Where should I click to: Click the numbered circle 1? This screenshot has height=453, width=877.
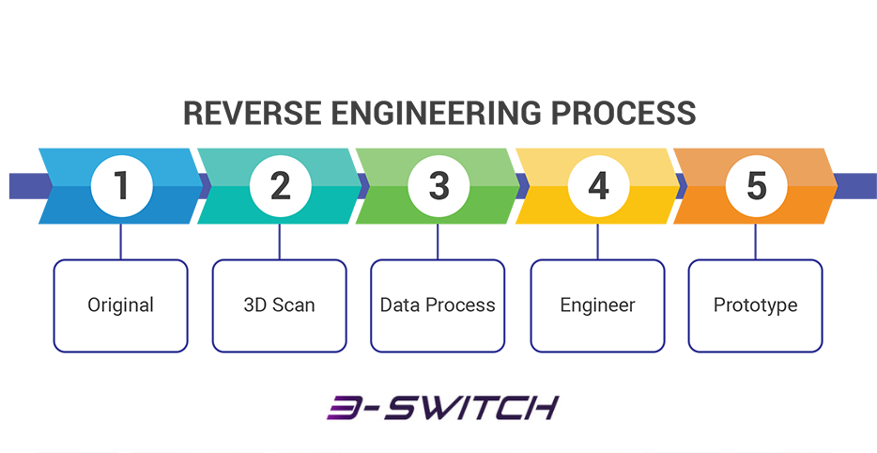point(121,186)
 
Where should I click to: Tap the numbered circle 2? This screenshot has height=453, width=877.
point(280,186)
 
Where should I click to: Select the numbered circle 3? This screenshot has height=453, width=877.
point(438,186)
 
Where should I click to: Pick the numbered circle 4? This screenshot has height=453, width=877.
point(597,186)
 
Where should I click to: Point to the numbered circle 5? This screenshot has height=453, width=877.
point(756,186)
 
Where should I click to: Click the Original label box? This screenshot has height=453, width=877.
point(121,305)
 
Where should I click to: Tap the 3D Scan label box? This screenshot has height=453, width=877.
point(280,305)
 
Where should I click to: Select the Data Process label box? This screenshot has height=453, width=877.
point(438,305)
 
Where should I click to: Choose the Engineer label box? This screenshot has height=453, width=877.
point(597,305)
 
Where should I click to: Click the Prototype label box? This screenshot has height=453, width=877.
point(756,305)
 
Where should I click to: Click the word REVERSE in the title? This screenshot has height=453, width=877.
point(253,113)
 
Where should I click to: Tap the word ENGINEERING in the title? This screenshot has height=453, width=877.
point(437,113)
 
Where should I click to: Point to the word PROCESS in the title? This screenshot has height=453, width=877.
point(623,113)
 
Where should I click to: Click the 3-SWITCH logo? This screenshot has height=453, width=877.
point(442,408)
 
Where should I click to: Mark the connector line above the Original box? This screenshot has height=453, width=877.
point(121,242)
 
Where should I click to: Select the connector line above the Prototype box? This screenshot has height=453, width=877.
point(756,242)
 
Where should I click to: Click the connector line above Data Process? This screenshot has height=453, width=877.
point(438,242)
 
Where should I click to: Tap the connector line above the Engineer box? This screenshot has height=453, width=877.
point(597,242)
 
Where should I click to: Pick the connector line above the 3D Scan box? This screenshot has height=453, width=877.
point(280,242)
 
